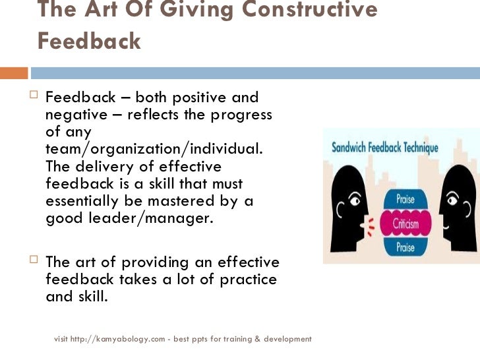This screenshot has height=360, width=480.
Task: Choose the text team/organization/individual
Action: (x=154, y=150)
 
